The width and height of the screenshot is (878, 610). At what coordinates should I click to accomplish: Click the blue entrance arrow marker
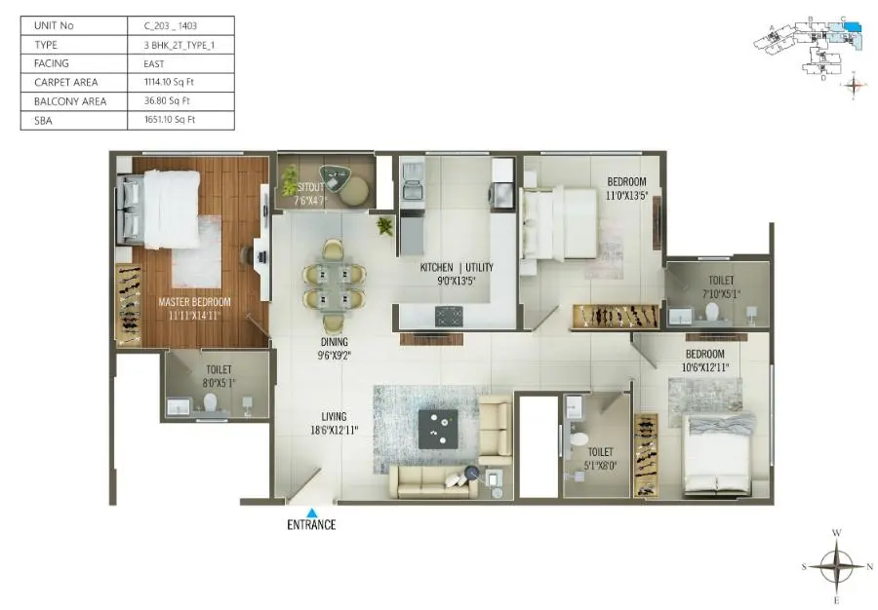coord(311,512)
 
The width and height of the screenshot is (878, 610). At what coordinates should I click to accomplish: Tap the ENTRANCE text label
coord(311,525)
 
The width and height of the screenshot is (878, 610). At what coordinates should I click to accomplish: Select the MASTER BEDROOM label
coord(194,302)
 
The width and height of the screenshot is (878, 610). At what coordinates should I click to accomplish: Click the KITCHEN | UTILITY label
coord(457,268)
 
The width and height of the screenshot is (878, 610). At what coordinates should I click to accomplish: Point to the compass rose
coord(836,564)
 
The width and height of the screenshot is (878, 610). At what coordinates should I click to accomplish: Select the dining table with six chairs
coord(333,284)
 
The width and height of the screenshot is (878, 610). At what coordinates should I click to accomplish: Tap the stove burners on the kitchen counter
coord(448,315)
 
